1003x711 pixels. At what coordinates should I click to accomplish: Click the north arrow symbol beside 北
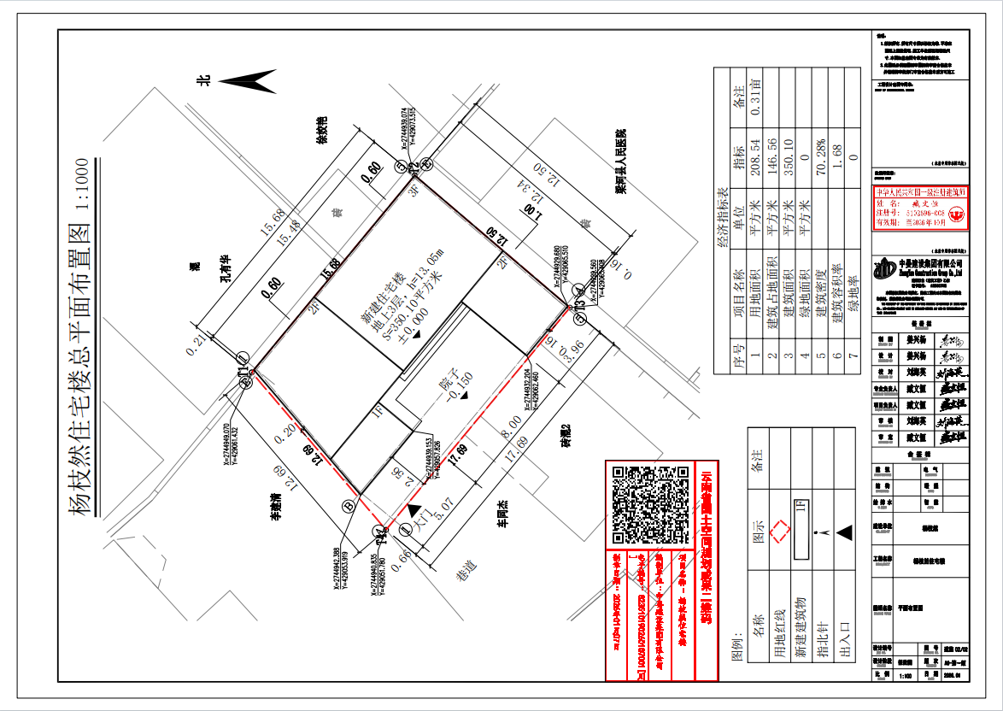click(x=247, y=81)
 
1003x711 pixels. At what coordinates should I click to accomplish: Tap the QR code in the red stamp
click(x=651, y=505)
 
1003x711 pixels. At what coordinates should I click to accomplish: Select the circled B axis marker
click(x=349, y=506)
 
